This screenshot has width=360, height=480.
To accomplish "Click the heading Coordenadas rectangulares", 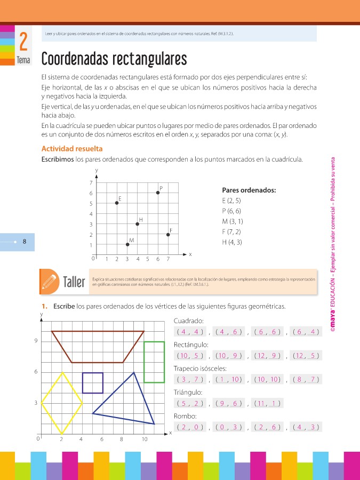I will (114, 58).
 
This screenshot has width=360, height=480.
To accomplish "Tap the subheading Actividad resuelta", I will (72, 149).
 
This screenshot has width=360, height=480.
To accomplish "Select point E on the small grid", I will (117, 203).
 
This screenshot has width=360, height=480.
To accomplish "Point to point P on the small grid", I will (158, 193).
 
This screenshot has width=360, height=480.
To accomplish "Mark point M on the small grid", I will (127, 244).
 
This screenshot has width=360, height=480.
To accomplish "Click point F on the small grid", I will (168, 234).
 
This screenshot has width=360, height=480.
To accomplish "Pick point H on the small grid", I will (138, 224).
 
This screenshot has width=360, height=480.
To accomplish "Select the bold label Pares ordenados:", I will (249, 190).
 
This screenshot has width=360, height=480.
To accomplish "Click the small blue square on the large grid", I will (93, 383).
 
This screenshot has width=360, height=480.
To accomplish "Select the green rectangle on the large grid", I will (154, 362).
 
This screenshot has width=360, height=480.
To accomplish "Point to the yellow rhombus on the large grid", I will (62, 403).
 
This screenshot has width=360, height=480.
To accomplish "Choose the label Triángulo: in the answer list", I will (189, 393).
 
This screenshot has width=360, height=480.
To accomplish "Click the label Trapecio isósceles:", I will (201, 369).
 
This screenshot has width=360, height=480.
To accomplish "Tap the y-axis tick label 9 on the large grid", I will (35, 341).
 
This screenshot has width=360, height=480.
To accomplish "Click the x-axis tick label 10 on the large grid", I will (145, 439).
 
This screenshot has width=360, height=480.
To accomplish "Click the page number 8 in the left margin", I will (25, 242).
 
